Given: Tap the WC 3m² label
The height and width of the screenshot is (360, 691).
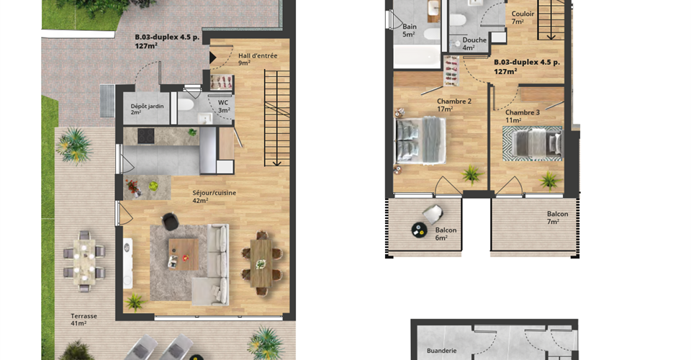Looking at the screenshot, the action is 224,106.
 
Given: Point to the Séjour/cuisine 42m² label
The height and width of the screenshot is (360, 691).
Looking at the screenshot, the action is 214,197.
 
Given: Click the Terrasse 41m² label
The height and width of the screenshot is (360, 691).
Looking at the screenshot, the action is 83,320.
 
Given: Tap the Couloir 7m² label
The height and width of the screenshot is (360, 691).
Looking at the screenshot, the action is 523,17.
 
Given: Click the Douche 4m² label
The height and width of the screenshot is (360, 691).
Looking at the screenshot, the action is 474,43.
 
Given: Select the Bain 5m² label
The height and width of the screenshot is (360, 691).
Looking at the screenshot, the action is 409,30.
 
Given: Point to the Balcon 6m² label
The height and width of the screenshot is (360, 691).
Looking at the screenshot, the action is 446,233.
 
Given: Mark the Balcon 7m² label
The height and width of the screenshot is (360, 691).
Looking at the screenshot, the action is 557,217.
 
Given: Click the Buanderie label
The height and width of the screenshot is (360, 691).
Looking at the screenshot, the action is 441,351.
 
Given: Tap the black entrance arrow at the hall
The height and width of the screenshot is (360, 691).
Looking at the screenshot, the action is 212,58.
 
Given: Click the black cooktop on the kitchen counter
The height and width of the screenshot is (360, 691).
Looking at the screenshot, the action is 146,135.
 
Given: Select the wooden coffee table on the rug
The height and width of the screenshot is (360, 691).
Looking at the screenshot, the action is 184,254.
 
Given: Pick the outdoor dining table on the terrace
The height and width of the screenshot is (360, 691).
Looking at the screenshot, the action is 83,261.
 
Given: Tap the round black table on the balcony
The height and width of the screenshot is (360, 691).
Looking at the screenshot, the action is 419,229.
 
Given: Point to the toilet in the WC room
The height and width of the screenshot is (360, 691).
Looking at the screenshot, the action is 185,105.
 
